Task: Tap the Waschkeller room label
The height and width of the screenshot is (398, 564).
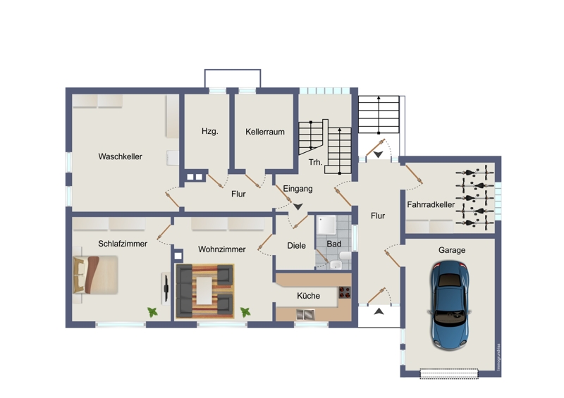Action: pos(120,156)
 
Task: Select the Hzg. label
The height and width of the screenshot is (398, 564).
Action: pos(209,131)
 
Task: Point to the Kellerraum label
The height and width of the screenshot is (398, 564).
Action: pos(265,132)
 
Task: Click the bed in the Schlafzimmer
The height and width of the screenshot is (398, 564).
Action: pos(96,274)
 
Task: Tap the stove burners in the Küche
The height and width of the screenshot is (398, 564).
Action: pos(345,292)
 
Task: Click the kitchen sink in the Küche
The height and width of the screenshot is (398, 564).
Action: pos(305,315)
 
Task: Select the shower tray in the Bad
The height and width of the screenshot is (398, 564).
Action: pos(326,225)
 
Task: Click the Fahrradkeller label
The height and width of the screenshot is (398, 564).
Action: pos(431,204)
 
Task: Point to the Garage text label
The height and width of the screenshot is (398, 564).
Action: pos(452,250)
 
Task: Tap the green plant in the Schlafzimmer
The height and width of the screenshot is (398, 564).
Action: pos(152,312)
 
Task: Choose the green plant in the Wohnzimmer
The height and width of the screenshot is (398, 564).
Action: pos(245,312)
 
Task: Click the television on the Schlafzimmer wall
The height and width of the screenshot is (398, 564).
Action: pos(166,288)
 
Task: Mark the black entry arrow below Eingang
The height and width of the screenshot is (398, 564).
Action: pos(298,206)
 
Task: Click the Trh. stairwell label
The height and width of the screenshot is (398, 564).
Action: pos(315,162)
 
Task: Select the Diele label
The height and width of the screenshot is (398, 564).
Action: pos(296,246)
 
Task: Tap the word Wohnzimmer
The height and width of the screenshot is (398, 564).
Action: pos(221,249)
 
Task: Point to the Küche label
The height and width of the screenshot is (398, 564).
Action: pos(308,296)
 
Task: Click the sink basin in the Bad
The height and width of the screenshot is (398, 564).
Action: pos(336,265)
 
